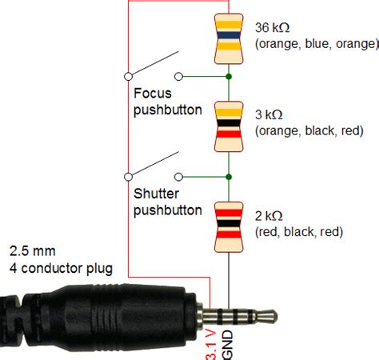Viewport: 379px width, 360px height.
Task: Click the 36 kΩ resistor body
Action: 229,38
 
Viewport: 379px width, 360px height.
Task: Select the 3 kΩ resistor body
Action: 229,126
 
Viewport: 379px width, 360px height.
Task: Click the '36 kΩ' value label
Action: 272,28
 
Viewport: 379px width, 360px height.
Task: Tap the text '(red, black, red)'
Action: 299,232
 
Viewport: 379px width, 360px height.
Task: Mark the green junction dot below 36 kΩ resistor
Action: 229,77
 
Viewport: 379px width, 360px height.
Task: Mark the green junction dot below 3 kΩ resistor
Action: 229,175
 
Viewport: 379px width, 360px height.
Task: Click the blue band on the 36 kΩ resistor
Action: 229,36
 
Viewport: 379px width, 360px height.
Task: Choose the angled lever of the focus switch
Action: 154,64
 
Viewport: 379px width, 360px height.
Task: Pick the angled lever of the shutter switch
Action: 154,163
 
